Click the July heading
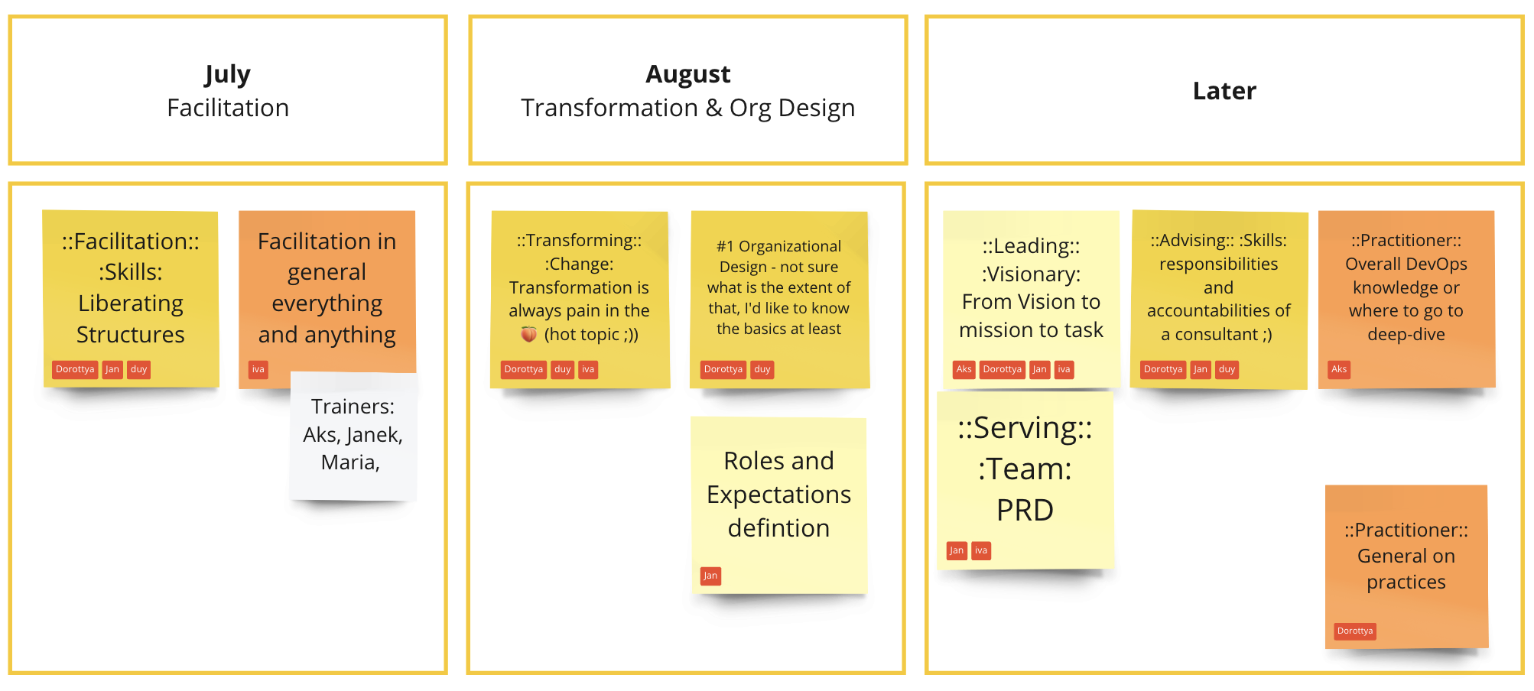[x=227, y=75]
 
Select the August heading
[x=688, y=75]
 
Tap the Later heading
[x=1224, y=91]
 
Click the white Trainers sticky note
[x=353, y=436]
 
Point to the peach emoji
[x=528, y=334]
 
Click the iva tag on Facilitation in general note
[x=258, y=369]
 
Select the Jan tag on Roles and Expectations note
[x=710, y=576]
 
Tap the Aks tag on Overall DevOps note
[x=1339, y=369]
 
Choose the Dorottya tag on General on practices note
[x=1355, y=631]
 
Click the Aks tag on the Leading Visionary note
[x=964, y=369]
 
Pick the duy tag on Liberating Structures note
[x=138, y=369]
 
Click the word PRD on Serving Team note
[x=1025, y=510]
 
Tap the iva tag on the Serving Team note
[x=981, y=550]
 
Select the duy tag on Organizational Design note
[x=762, y=369]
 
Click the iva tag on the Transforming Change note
[x=588, y=369]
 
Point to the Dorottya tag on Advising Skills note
[x=1163, y=369]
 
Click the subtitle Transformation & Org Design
[x=688, y=109]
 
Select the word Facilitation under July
[x=228, y=108]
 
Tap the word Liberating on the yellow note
[x=131, y=303]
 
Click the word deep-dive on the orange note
[x=1406, y=335]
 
